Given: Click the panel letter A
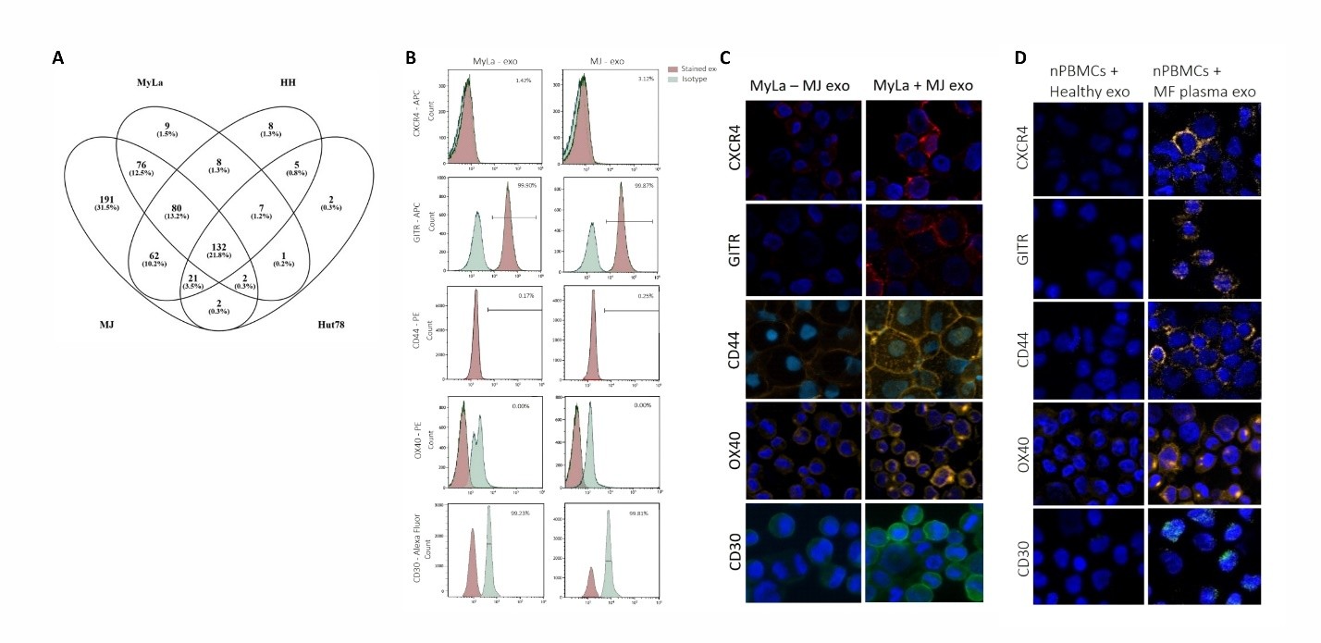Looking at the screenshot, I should [x=58, y=58].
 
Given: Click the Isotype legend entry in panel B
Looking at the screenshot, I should [x=695, y=80].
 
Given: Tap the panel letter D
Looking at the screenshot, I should [x=1020, y=57].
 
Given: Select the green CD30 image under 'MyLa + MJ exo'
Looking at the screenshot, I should [x=920, y=553].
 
